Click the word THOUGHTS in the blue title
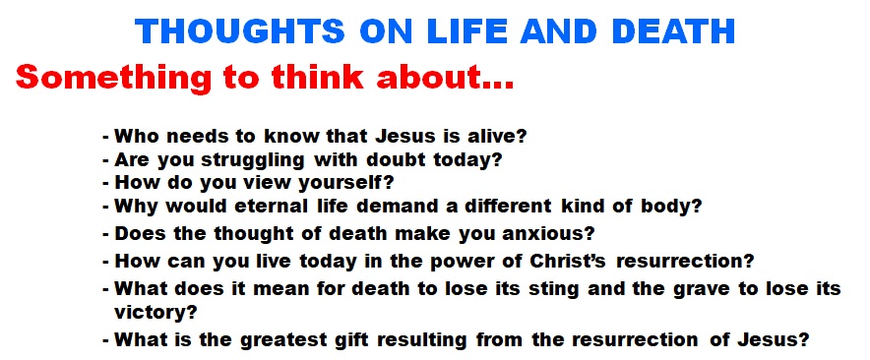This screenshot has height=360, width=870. pos(240,31)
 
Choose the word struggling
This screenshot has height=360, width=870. pos(252,161)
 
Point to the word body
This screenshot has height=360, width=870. pos(671,207)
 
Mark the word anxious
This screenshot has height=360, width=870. pos(548,234)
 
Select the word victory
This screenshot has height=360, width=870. pos(155,313)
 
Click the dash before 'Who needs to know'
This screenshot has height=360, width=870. pos(105,137)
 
